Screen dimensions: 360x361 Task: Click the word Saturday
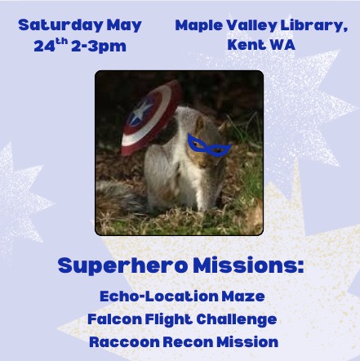pyautogui.click(x=61, y=25)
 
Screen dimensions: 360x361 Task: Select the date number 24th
pyautogui.click(x=51, y=45)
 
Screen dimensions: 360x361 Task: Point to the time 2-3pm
pyautogui.click(x=99, y=47)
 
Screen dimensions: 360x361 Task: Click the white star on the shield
pyautogui.click(x=139, y=113)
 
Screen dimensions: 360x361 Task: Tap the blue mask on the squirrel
pyautogui.click(x=208, y=145)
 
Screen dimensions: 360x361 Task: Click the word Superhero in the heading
pyautogui.click(x=122, y=266)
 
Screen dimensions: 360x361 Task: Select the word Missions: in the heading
pyautogui.click(x=248, y=265)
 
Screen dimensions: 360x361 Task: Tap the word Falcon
pyautogui.click(x=115, y=319)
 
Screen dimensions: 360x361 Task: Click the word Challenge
pyautogui.click(x=237, y=320)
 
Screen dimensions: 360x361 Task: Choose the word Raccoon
pyautogui.click(x=124, y=342)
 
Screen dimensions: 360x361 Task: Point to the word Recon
pyautogui.click(x=188, y=342)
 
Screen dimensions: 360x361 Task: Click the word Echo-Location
pyautogui.click(x=159, y=296)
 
